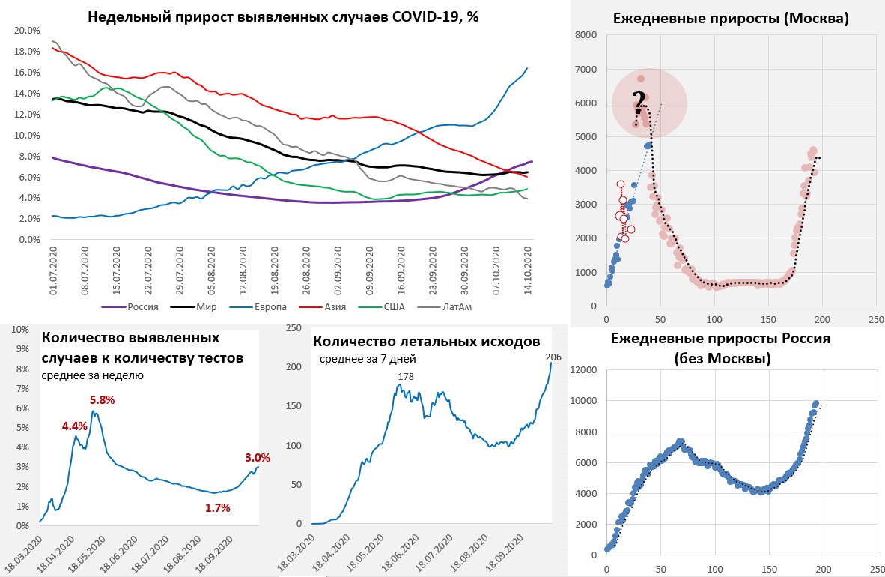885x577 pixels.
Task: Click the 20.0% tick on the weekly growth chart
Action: pos(27,31)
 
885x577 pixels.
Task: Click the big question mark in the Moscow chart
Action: pos(639,102)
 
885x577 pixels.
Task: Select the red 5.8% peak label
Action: pos(102,400)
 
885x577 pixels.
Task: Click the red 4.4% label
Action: pos(75,426)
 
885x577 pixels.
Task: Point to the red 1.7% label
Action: pos(217,507)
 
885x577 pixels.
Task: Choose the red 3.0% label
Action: pos(257,457)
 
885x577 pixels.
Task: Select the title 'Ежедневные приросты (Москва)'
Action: pos(730,19)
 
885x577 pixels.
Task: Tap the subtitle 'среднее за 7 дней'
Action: pos(368,359)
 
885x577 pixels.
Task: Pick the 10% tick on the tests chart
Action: pos(19,329)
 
